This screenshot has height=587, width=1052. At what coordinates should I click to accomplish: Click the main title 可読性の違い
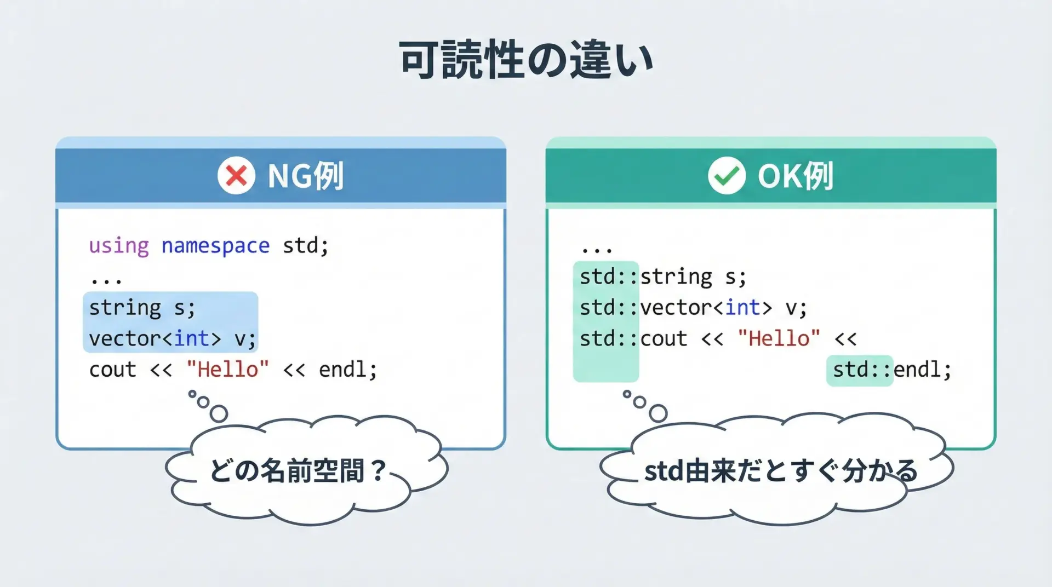tap(526, 59)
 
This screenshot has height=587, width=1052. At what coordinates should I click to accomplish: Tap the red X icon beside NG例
tap(236, 176)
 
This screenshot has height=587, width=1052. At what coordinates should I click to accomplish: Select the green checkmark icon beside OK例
tap(727, 176)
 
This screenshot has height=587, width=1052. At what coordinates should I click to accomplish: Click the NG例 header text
tap(305, 176)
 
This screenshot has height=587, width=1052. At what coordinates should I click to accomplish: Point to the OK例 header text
tap(796, 176)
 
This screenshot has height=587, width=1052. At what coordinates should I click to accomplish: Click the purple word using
tap(119, 246)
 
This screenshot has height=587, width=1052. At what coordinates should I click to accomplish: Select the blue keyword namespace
tap(215, 246)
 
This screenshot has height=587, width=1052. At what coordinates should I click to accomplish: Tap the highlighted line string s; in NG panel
tap(142, 308)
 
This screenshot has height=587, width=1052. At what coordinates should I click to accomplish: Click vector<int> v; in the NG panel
tap(172, 339)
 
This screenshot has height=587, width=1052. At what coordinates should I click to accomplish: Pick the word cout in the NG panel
tap(112, 370)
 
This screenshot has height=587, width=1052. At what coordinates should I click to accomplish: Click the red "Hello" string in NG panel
tap(228, 370)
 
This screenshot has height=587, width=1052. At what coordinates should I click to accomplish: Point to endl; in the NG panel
tap(348, 370)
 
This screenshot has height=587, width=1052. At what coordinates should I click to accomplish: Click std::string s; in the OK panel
tap(663, 277)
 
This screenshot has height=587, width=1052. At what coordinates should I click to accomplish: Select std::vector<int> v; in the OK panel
tap(693, 308)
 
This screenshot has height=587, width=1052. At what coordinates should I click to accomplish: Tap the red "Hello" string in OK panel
tap(779, 338)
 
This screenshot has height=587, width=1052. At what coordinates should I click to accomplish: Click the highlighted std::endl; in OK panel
tap(892, 370)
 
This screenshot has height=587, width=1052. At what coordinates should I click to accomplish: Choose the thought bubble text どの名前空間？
tap(299, 471)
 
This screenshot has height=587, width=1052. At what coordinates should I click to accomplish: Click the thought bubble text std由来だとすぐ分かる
tap(780, 471)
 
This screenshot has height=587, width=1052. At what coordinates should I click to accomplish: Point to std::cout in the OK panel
tap(633, 339)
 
